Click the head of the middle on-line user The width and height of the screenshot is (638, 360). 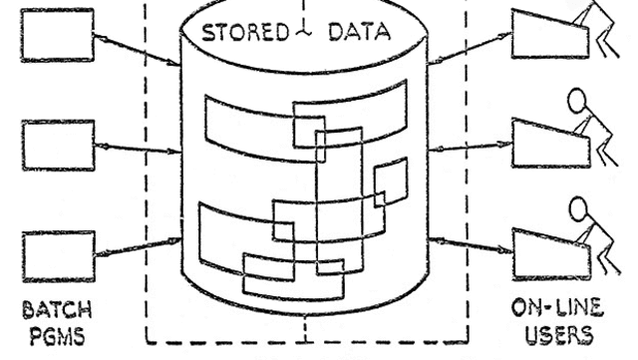point(577,101)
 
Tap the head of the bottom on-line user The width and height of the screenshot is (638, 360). point(579,211)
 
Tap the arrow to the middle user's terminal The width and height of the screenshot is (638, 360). point(475,147)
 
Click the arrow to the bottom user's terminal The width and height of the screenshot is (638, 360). point(475,243)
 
